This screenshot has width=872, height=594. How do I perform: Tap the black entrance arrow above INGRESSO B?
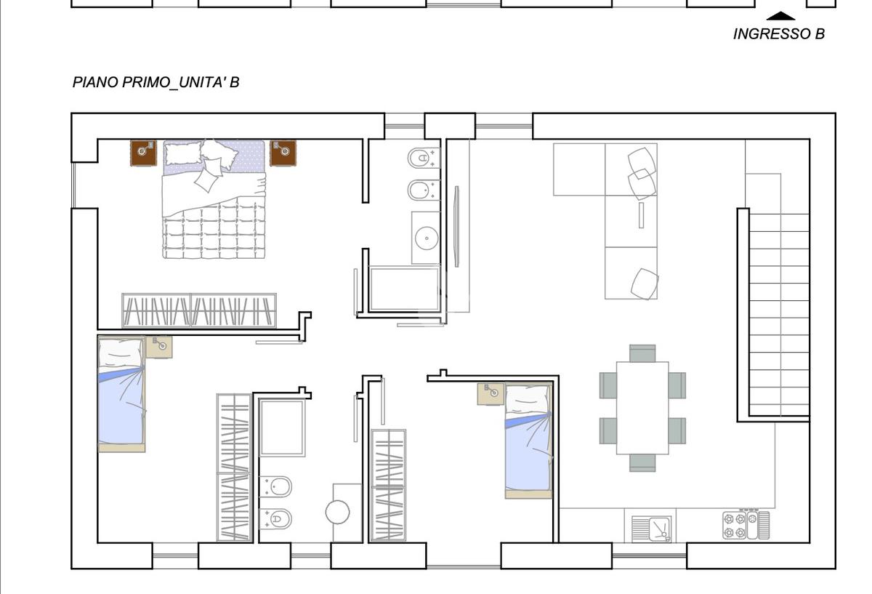[780, 16]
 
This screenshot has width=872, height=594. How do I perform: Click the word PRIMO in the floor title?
[146, 83]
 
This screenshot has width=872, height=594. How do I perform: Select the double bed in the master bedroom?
[214, 199]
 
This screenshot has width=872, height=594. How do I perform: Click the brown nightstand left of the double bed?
[143, 153]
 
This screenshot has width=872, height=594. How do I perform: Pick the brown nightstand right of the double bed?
[283, 153]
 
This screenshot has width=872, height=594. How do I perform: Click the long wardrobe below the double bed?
[199, 311]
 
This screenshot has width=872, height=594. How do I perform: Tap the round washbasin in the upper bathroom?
[427, 238]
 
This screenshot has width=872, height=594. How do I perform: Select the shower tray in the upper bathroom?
[405, 289]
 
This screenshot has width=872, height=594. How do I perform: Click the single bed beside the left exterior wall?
[121, 394]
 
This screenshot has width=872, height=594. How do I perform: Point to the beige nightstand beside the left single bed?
[159, 347]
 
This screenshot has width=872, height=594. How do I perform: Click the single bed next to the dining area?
[529, 441]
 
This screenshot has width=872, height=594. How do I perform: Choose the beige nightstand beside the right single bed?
[490, 394]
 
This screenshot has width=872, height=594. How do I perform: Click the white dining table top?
[642, 408]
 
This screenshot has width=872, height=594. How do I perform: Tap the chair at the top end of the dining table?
[642, 353]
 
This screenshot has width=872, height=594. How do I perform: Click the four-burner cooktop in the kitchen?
[746, 526]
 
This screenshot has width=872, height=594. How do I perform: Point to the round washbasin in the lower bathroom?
[337, 512]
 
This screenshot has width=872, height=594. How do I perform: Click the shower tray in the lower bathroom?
[282, 428]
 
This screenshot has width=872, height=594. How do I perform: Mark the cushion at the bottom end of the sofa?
[645, 284]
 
